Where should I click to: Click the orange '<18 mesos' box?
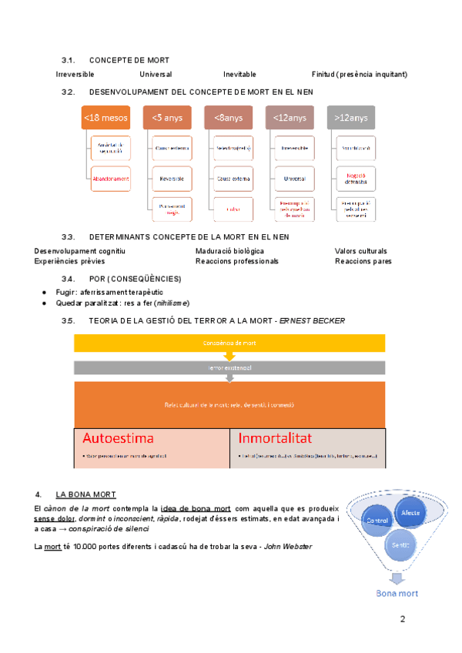[106, 118]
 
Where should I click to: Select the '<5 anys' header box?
[167, 118]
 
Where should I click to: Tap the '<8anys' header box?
[229, 118]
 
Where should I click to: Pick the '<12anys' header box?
[290, 118]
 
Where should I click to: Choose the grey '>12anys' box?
[351, 118]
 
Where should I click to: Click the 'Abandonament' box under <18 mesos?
[110, 179]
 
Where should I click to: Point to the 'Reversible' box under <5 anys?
[172, 178]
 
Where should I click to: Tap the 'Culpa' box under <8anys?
[233, 209]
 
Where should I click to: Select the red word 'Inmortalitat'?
[275, 439]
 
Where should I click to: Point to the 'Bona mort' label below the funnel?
[397, 594]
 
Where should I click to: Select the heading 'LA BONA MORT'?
[85, 494]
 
